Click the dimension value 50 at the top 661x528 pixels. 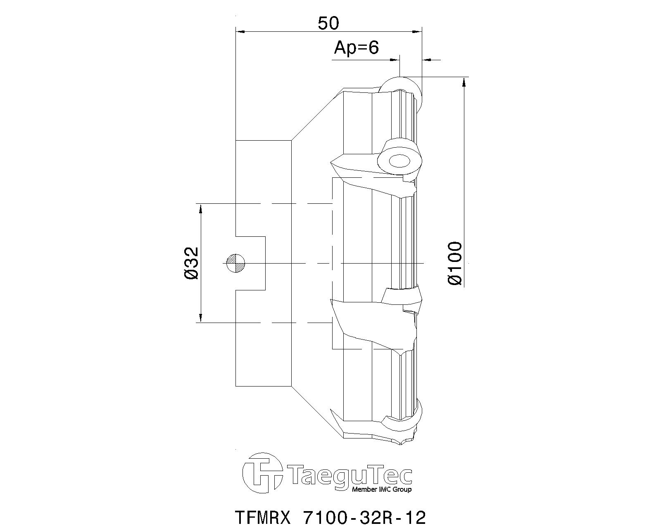click(328, 24)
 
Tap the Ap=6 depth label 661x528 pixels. click(356, 48)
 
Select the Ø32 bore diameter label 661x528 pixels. click(191, 263)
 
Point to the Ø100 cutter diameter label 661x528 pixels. click(455, 263)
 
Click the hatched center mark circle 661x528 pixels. click(235, 263)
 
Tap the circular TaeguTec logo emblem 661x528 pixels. click(263, 473)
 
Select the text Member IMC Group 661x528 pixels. click(381, 489)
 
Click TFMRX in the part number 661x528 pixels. click(263, 518)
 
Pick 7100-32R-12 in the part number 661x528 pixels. click(364, 518)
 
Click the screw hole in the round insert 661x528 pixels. click(399, 161)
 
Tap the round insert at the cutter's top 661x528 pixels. click(401, 87)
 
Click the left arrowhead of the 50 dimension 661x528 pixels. click(240, 31)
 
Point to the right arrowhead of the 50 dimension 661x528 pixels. click(418, 31)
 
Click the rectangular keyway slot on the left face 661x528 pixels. click(250, 263)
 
